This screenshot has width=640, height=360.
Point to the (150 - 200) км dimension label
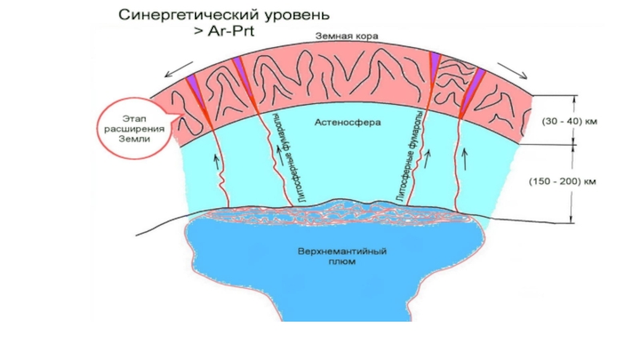point(566,181)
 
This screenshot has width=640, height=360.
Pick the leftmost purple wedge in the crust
point(193,83)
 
